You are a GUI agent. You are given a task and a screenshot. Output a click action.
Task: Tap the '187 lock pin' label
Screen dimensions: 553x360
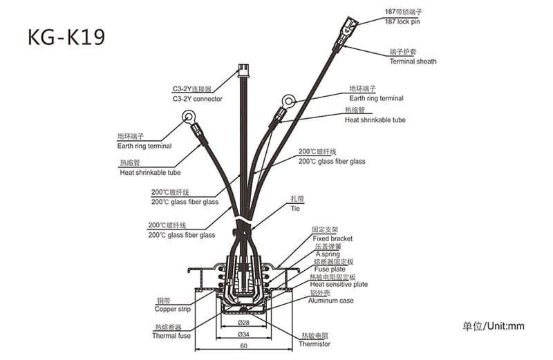coord(402,22)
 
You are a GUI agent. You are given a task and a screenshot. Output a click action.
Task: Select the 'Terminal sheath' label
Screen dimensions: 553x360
coord(413,61)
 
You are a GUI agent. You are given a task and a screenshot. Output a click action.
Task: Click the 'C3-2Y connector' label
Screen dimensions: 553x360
coord(197,99)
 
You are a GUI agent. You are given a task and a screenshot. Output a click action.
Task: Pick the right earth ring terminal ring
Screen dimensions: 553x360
coord(288,101)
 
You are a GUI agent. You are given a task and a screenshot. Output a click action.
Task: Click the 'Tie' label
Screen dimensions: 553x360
coord(295,208)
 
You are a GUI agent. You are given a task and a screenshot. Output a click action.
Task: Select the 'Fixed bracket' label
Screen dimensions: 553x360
coord(332,238)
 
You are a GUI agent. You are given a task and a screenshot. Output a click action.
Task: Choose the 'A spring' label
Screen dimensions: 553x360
coord(328,254)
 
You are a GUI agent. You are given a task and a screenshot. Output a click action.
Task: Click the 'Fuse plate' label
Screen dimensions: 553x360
coord(329,269)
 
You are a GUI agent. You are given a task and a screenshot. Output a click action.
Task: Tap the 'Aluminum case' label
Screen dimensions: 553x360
coord(331,301)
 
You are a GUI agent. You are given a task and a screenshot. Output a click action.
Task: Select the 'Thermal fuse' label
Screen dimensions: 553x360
coord(171,336)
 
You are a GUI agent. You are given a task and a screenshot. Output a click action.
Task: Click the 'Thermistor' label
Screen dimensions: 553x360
coord(315,343)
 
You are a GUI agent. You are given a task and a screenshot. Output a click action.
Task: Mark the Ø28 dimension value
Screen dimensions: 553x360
coord(243,323)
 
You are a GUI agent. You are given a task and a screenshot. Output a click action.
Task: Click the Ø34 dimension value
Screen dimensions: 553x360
coord(243,334)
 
